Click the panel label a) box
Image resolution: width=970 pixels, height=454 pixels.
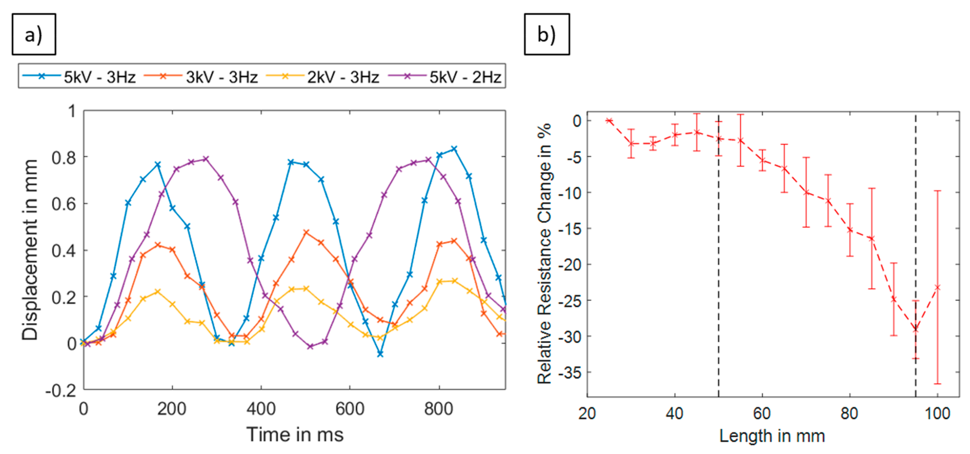point(34,34)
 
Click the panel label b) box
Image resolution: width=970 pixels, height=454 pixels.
point(547,34)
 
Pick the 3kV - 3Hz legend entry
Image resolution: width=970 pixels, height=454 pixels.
point(201,77)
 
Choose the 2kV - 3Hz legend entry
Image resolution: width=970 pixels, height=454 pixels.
point(322,77)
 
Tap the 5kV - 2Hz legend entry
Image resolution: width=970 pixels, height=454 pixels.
point(444,77)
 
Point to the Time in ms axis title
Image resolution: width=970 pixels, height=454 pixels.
point(295,435)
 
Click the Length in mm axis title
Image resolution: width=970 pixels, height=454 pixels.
point(772,436)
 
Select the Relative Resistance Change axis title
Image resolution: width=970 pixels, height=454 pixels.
point(544,253)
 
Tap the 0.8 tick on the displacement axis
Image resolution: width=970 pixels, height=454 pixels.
point(64,158)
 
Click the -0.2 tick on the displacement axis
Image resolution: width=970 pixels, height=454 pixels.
point(60,391)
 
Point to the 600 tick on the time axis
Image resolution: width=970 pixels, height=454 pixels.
point(350,409)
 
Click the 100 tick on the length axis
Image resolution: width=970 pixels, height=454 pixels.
point(937,414)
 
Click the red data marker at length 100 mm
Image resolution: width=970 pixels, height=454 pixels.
point(937,288)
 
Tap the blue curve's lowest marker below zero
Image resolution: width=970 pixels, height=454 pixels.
point(380,354)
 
